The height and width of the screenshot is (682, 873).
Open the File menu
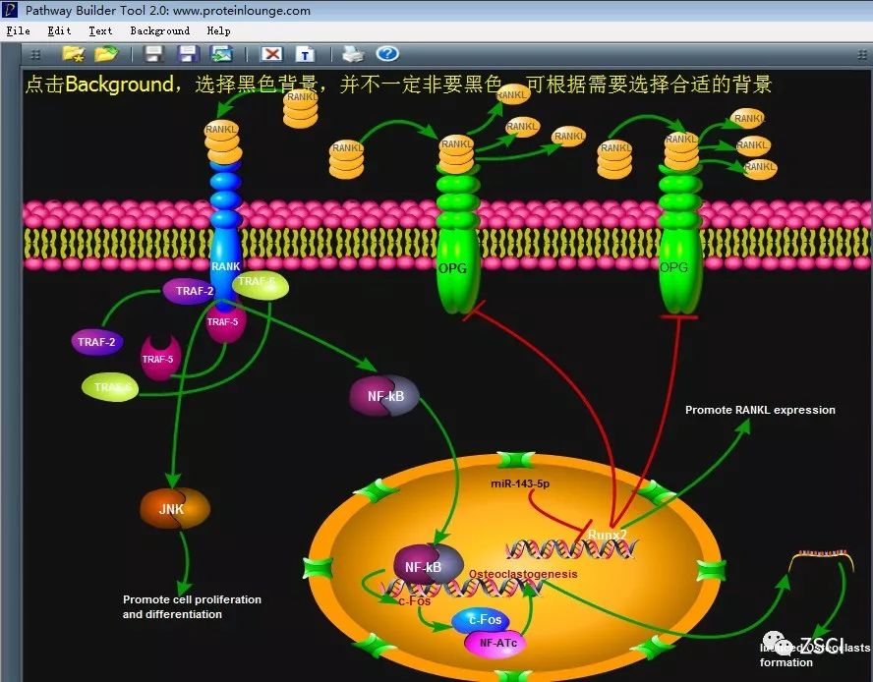tap(18, 31)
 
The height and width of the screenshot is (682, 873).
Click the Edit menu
tap(59, 31)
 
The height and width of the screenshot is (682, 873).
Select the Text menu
tap(100, 31)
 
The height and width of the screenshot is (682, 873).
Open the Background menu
tap(159, 31)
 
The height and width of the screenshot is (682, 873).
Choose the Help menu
tap(218, 31)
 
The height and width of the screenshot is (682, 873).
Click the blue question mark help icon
tap(387, 54)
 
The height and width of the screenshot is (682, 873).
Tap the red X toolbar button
tap(272, 54)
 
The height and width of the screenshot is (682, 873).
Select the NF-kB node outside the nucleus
tap(383, 396)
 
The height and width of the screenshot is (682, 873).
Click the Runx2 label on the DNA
tap(608, 535)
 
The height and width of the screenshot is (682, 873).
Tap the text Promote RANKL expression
tap(760, 410)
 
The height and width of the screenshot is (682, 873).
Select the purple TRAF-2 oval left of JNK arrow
tap(96, 342)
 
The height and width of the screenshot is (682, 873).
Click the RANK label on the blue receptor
tap(225, 266)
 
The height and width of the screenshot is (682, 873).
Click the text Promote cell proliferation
tap(192, 599)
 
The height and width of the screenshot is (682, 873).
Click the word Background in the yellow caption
tap(119, 85)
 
